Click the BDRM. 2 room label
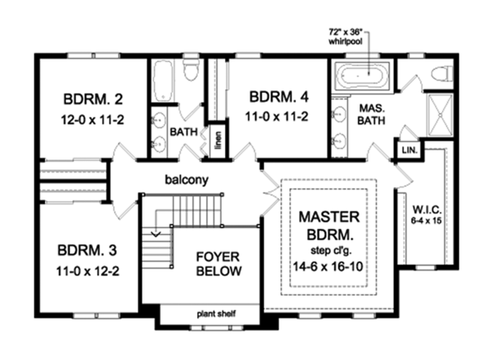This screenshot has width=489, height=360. pyautogui.click(x=93, y=99)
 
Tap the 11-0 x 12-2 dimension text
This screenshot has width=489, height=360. pyautogui.click(x=88, y=271)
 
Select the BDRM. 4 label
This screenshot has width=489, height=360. pyautogui.click(x=279, y=97)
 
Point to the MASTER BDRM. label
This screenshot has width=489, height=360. pyautogui.click(x=329, y=226)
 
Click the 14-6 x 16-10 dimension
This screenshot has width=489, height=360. pyautogui.click(x=328, y=266)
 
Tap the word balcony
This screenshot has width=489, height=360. pyautogui.click(x=187, y=180)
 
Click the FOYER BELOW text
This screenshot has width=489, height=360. pyautogui.click(x=218, y=264)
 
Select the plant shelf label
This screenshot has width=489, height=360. pyautogui.click(x=216, y=314)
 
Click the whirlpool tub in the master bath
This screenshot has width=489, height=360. pyautogui.click(x=362, y=76)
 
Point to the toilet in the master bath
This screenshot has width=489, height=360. pyautogui.click(x=442, y=74)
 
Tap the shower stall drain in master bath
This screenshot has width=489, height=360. pyautogui.click(x=440, y=116)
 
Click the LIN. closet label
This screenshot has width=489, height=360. pyautogui.click(x=409, y=150)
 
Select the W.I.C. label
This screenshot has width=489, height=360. pyautogui.click(x=426, y=209)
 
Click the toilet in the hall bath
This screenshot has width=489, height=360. pyautogui.click(x=191, y=69)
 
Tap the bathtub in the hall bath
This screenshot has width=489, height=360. pyautogui.click(x=163, y=81)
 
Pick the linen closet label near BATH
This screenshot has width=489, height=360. pyautogui.click(x=218, y=140)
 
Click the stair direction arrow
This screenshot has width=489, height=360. pyautogui.click(x=156, y=233)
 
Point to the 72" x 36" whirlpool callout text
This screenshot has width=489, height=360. pyautogui.click(x=346, y=37)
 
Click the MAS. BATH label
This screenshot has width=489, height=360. pyautogui.click(x=372, y=114)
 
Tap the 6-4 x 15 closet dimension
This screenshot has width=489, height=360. pyautogui.click(x=426, y=221)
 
